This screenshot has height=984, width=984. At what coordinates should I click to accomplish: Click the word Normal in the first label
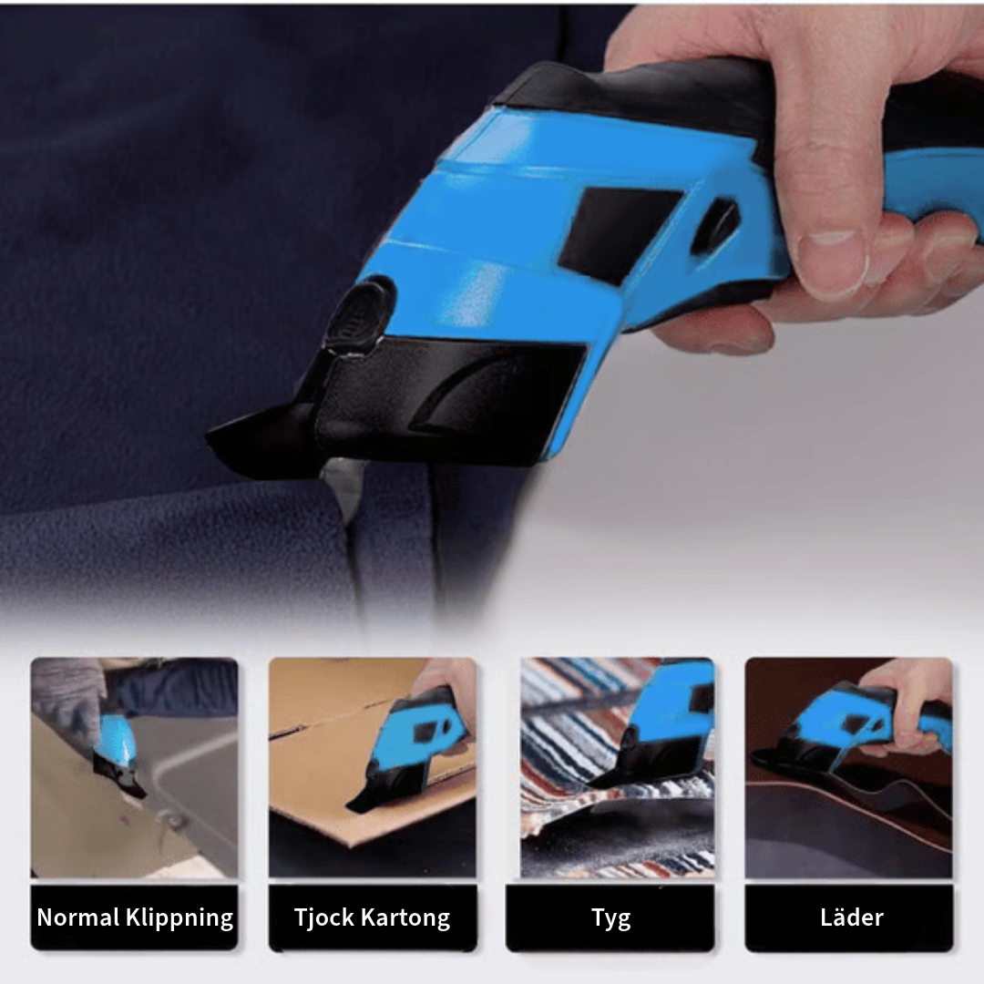click(x=78, y=917)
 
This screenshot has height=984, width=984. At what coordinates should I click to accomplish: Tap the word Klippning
click(x=179, y=918)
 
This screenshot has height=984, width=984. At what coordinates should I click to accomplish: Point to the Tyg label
click(x=610, y=918)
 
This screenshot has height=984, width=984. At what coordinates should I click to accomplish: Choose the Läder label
click(x=852, y=917)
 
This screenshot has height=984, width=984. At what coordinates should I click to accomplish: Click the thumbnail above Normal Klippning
click(x=134, y=767)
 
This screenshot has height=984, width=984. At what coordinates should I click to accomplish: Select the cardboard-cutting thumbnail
click(x=372, y=767)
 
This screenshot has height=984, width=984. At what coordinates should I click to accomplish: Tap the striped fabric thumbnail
click(x=618, y=767)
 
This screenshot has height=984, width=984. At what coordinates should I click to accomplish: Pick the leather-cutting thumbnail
click(x=848, y=767)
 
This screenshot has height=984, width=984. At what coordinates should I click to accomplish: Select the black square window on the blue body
click(x=618, y=233)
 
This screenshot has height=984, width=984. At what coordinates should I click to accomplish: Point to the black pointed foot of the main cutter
click(x=263, y=439)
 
